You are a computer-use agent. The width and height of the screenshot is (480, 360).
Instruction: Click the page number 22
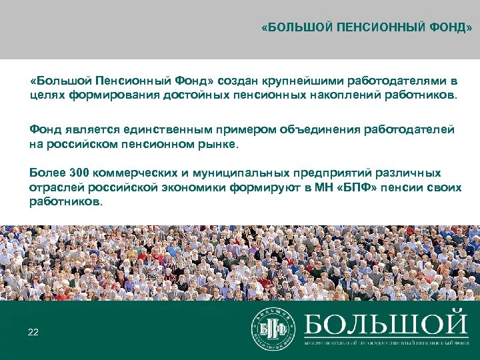click(x=33, y=331)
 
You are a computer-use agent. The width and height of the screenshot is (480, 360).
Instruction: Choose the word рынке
click(x=221, y=143)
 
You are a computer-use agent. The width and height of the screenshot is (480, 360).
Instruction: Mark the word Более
click(x=45, y=173)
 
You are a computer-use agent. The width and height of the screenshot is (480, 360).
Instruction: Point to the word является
click(x=86, y=129)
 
